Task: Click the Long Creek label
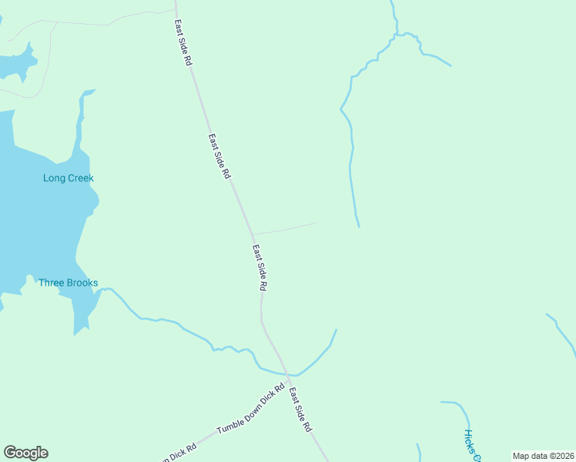[68, 179]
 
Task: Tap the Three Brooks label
[69, 283]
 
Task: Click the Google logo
[25, 453]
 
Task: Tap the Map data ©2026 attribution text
[543, 456]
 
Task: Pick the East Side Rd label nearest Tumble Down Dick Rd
[300, 410]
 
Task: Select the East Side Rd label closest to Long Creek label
[219, 156]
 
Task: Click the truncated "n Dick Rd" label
[175, 456]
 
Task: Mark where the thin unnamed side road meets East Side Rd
[253, 234]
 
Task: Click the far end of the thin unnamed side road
[316, 223]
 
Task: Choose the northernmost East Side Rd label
[183, 42]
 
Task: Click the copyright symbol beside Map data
[549, 456]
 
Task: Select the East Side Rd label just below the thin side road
[260, 267]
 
